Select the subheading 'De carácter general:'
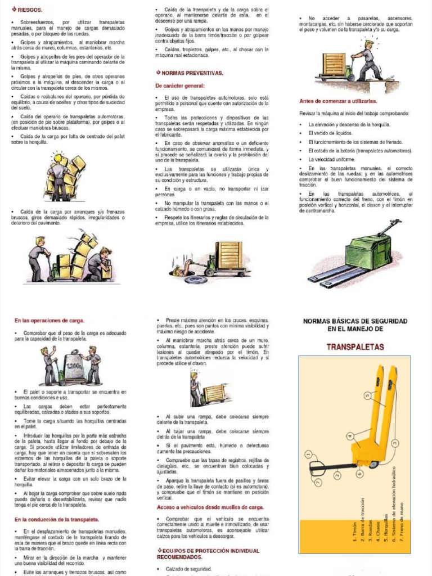(x=180, y=86)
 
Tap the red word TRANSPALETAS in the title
(x=355, y=346)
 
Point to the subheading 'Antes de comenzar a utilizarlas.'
(x=338, y=101)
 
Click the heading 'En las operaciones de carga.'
(x=49, y=321)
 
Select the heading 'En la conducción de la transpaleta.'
(x=56, y=520)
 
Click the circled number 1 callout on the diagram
(x=308, y=454)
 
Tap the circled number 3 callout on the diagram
(x=395, y=443)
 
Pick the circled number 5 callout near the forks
(x=368, y=396)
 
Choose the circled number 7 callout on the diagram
(x=318, y=483)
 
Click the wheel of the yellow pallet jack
(x=373, y=465)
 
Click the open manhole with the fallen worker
(x=180, y=272)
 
